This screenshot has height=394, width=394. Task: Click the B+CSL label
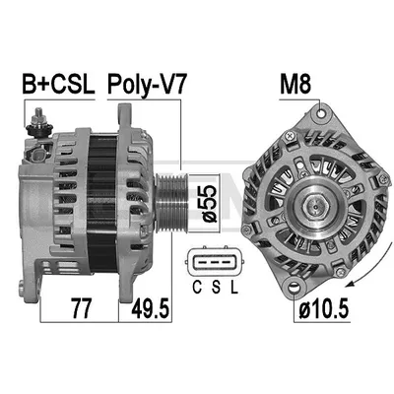pos(58,84)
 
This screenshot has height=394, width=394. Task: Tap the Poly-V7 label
pos(147,86)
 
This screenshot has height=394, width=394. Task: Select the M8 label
pos(295,84)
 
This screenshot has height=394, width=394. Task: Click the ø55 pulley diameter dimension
pos(207,203)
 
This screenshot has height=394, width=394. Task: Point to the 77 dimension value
pos(81,308)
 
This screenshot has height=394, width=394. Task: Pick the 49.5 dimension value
pos(150,308)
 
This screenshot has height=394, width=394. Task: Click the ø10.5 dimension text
pos(323,308)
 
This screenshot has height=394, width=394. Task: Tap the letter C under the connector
pos(197,288)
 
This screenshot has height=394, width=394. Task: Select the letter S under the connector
pos(216,288)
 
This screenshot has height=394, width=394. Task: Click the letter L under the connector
pos(233,288)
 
